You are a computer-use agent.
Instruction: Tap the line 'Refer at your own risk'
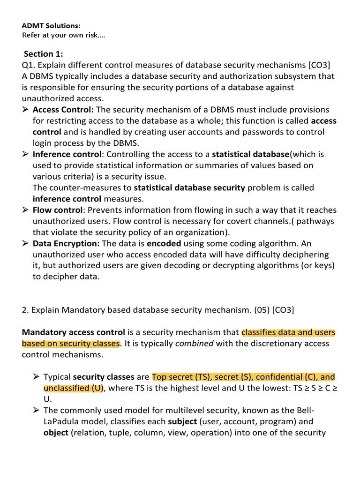(x=63, y=35)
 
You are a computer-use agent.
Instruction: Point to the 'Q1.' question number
(x=29, y=65)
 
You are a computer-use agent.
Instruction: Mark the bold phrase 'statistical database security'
(x=189, y=188)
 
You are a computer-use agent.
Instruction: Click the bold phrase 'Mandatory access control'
(x=74, y=332)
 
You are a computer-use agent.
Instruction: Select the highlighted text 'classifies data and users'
(x=288, y=332)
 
